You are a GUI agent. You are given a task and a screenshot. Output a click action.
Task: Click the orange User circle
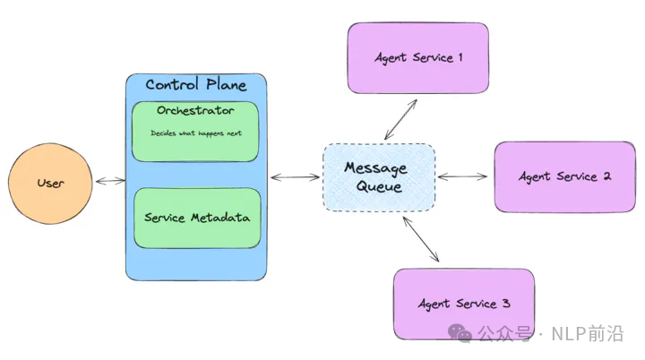[50, 183]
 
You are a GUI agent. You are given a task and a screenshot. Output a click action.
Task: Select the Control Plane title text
[195, 85]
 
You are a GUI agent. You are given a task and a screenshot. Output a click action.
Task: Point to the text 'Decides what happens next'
[195, 133]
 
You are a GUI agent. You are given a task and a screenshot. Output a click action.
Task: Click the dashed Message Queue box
[379, 177]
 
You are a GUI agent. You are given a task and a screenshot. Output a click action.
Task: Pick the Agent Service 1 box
[418, 58]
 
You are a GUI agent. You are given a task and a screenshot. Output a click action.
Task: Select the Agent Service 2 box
[564, 176]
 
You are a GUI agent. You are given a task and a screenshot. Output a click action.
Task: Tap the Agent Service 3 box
[463, 304]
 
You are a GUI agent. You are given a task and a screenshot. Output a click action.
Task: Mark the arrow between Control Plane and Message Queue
[295, 177]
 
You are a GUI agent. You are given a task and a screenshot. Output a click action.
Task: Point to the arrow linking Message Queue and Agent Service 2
[464, 176]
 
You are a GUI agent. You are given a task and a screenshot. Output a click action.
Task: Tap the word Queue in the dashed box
[379, 187]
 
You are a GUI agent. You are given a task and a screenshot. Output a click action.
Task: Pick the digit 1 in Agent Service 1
[460, 58]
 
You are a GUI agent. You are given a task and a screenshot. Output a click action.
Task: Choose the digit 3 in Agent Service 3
[506, 304]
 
